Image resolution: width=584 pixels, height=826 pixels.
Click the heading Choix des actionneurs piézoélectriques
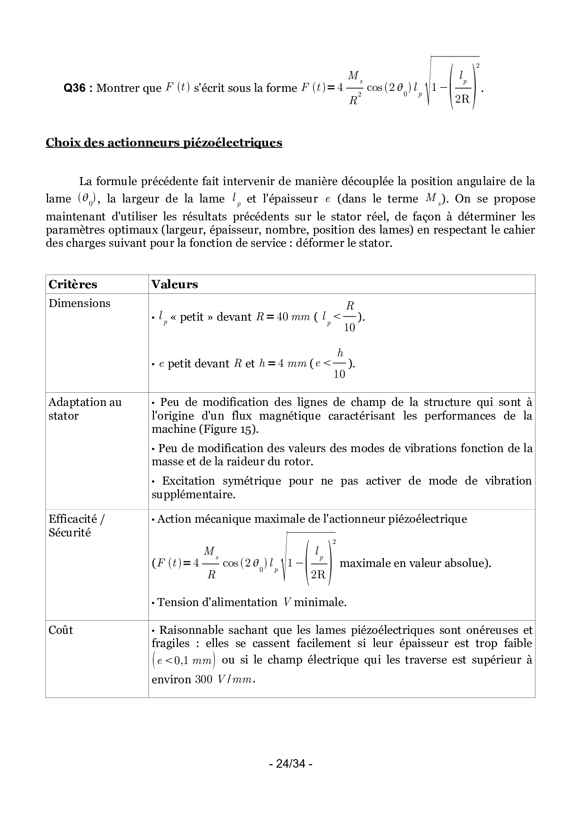point(163,143)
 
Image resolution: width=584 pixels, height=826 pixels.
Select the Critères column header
point(73,284)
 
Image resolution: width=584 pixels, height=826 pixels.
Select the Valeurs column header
point(174,284)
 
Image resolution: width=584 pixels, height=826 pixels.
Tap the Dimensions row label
point(79,303)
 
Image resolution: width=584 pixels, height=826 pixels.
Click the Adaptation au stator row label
point(85,409)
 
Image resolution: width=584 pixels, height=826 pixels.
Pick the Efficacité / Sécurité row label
point(76,526)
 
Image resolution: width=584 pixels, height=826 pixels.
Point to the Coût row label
point(61,630)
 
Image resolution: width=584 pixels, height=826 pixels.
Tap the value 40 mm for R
point(293,317)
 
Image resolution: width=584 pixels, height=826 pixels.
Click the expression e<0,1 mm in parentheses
point(184,660)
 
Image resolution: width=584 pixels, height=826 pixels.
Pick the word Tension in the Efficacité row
point(175,602)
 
